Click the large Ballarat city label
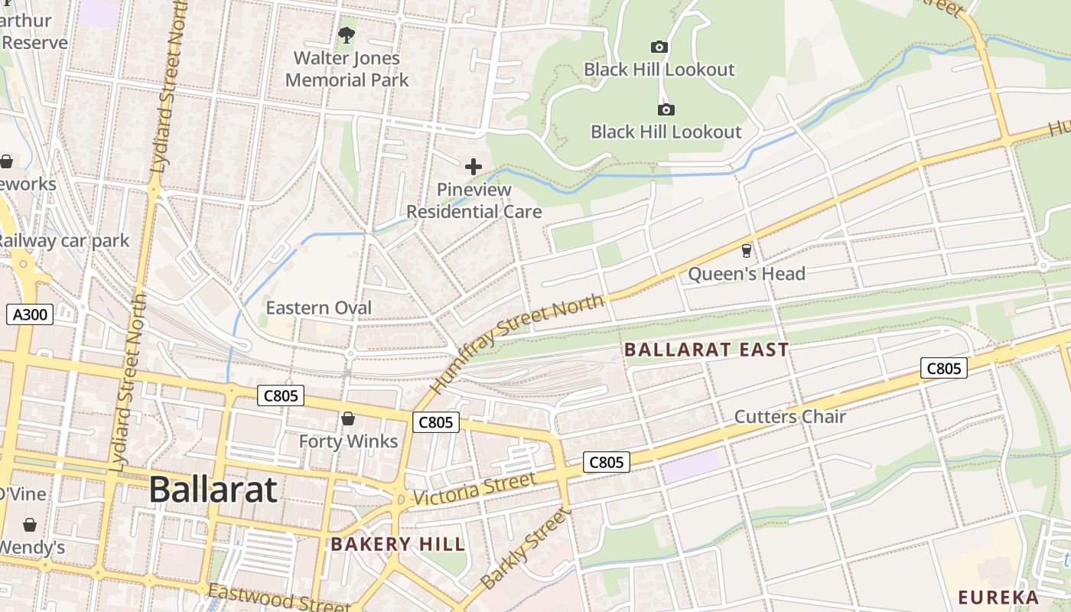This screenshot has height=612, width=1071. pos(213,490)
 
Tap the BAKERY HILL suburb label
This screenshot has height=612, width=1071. pos(397,545)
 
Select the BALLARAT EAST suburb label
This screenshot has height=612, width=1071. pos(706,350)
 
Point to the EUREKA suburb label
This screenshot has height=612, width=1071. pos(998,597)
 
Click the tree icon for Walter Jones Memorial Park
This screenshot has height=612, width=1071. pos(347,35)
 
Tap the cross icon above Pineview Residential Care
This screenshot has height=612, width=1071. pos(474,167)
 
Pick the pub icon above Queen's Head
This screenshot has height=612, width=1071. pos(747,251)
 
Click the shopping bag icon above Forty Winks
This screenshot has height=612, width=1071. pos(348,418)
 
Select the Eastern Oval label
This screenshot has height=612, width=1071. pos(318,308)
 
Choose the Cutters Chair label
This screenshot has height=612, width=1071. pos(789,417)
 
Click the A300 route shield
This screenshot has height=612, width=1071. pos(30,314)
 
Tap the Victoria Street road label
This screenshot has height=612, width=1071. pos(474,489)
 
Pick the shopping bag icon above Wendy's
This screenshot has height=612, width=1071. pos(30,525)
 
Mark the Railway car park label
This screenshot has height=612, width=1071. pos(64,241)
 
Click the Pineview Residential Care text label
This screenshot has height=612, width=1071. pos(474,200)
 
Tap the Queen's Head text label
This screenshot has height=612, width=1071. pos(747,274)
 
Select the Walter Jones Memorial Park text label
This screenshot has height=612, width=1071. pos(347,69)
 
